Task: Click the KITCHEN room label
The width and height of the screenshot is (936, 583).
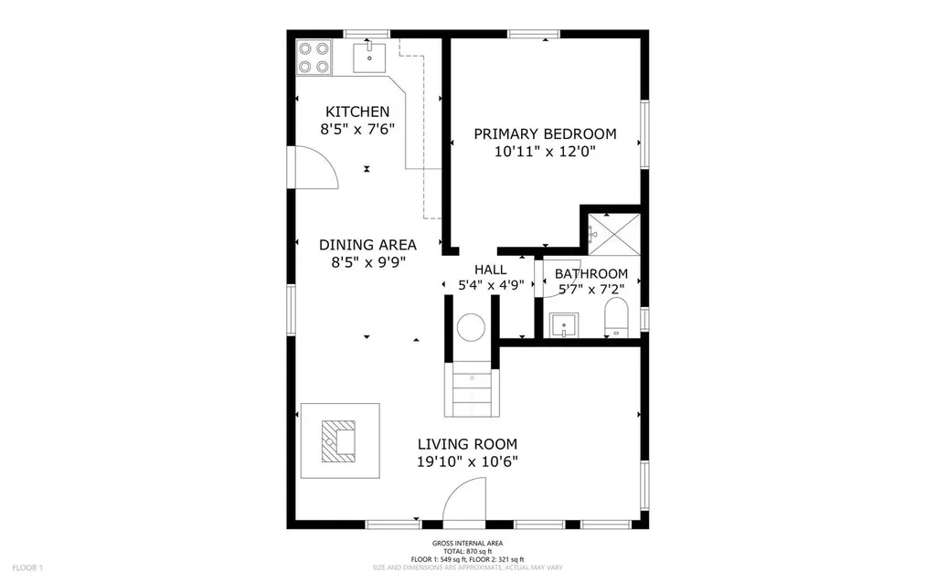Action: coord(357,111)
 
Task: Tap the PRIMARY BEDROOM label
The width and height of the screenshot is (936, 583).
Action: coord(545,133)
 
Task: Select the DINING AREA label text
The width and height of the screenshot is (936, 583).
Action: coord(367,245)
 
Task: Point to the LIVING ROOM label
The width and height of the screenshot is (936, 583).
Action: coord(467,444)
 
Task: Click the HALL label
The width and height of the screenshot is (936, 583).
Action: coord(491,270)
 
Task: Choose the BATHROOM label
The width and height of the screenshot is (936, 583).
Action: coord(591,274)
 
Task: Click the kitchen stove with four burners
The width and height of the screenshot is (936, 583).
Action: coord(314,58)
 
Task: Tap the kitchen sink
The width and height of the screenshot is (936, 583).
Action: coord(369,58)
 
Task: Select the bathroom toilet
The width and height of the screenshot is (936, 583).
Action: coord(617,317)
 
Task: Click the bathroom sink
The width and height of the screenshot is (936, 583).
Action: coord(564,325)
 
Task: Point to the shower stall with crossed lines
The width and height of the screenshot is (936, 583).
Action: coord(613,235)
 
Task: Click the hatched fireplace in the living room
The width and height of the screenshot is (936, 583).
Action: coord(338,441)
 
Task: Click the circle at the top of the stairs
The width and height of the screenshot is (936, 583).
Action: coord(471,328)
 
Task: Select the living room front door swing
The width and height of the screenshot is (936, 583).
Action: coord(464,502)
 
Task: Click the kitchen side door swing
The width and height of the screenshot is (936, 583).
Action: coord(314,167)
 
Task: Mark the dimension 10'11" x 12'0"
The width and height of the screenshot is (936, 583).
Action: coord(545,152)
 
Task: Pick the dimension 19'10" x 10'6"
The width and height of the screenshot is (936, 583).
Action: coord(467,461)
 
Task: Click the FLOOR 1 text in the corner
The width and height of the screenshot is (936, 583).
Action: coord(27,567)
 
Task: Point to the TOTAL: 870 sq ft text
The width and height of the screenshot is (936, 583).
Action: coord(467,551)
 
